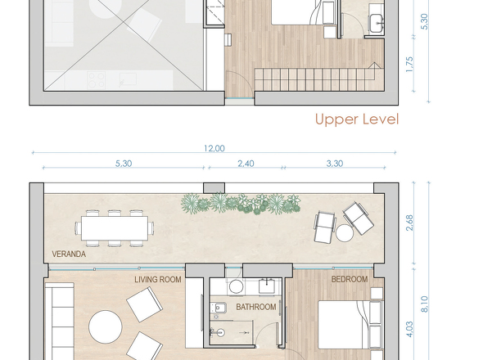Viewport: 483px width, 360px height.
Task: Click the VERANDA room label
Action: click(69, 254)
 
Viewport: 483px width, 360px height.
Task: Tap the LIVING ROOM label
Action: click(158, 280)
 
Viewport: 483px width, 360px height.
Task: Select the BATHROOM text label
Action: click(256, 307)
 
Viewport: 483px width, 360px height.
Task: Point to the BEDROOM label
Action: click(350, 279)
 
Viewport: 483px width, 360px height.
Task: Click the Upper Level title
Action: click(357, 119)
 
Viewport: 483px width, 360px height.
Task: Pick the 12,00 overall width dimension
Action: click(214, 148)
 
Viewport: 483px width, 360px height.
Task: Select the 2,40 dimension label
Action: click(246, 164)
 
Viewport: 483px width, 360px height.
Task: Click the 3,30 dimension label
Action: click(335, 164)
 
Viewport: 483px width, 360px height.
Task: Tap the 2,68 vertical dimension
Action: click(409, 223)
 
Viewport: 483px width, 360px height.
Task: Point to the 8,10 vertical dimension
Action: click(424, 304)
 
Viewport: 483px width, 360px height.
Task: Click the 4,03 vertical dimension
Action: click(409, 329)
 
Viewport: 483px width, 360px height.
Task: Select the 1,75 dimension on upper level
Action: click(409, 65)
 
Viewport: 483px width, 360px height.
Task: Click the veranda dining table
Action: click(115, 228)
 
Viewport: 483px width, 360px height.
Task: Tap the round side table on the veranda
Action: click(345, 233)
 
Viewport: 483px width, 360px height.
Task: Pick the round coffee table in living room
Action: click(106, 326)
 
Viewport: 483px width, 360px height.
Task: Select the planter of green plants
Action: click(241, 204)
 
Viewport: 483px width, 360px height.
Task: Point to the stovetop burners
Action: click(96, 80)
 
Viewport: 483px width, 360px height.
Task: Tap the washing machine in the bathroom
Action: click(236, 287)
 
